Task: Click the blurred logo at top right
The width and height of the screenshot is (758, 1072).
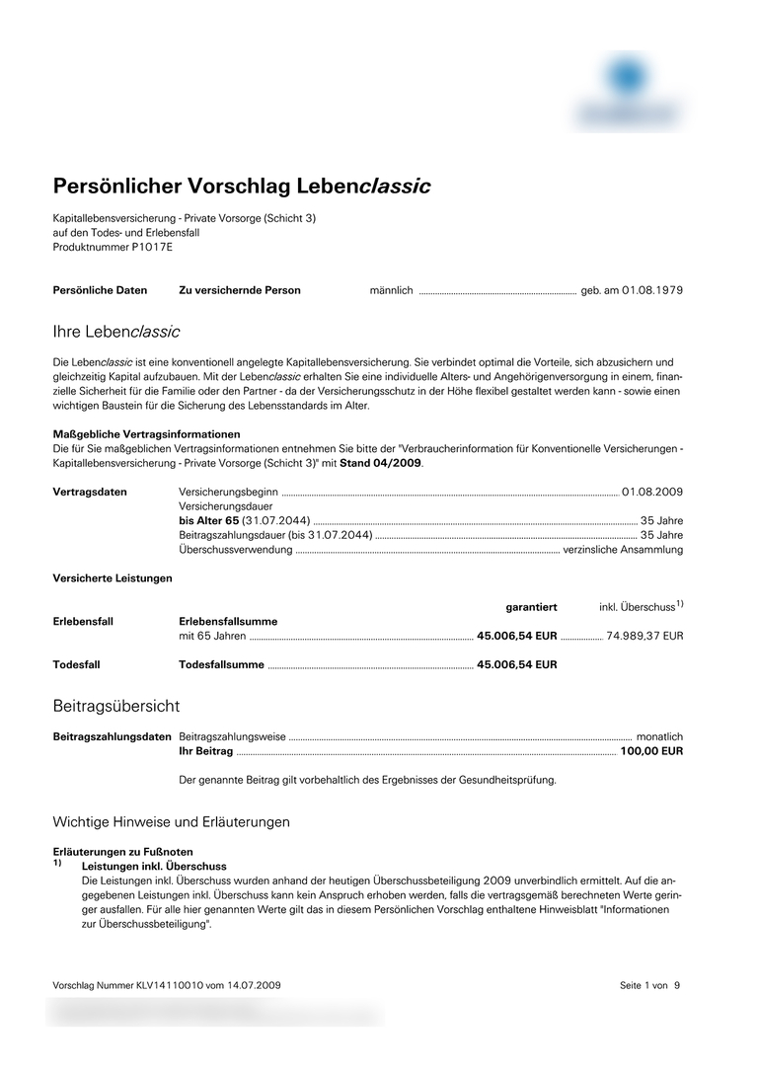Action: pyautogui.click(x=629, y=91)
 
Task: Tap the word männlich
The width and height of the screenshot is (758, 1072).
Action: pyautogui.click(x=391, y=290)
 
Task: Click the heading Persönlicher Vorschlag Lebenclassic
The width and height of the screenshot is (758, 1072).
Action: pyautogui.click(x=241, y=187)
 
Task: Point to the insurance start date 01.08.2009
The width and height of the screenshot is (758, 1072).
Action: pyautogui.click(x=651, y=492)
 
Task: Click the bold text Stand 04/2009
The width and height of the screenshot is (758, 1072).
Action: pyautogui.click(x=381, y=463)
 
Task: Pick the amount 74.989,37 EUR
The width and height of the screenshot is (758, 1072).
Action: pyautogui.click(x=644, y=637)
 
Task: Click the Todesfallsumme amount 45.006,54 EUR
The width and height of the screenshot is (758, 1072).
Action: pyautogui.click(x=516, y=665)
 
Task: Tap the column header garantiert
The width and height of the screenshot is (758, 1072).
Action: pyautogui.click(x=531, y=607)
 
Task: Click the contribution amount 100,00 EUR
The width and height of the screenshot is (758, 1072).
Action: pyautogui.click(x=650, y=751)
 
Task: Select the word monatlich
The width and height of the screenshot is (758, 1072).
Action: pyautogui.click(x=659, y=737)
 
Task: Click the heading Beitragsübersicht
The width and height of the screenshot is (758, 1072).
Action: pyautogui.click(x=115, y=707)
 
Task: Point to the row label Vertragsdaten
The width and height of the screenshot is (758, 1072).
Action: pyautogui.click(x=90, y=492)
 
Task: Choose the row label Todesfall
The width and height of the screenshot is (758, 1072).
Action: pyautogui.click(x=76, y=665)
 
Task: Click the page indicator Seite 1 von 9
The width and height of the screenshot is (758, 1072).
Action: pyautogui.click(x=649, y=985)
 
